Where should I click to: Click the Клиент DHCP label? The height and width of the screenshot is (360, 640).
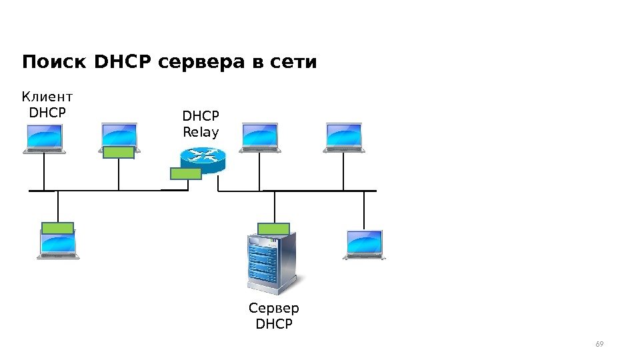point(47,105)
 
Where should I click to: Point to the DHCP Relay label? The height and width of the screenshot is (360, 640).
point(201,124)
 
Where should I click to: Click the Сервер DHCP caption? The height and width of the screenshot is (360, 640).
point(274,316)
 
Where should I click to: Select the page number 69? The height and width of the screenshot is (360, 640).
point(599,344)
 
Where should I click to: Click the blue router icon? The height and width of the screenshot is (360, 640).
point(203,159)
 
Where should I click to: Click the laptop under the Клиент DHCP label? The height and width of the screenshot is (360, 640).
point(44,139)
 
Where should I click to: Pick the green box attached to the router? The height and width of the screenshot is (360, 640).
point(186,174)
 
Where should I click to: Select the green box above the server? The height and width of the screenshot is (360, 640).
point(273,229)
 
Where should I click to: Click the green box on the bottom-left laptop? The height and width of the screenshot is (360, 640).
point(57,227)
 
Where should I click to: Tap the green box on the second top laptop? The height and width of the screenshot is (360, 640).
point(119,152)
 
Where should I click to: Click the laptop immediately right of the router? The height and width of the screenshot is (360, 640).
point(259,138)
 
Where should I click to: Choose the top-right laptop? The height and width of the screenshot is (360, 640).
point(344,138)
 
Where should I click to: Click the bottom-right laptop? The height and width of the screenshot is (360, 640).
point(365,245)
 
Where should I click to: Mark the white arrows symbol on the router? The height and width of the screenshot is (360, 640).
point(203,155)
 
